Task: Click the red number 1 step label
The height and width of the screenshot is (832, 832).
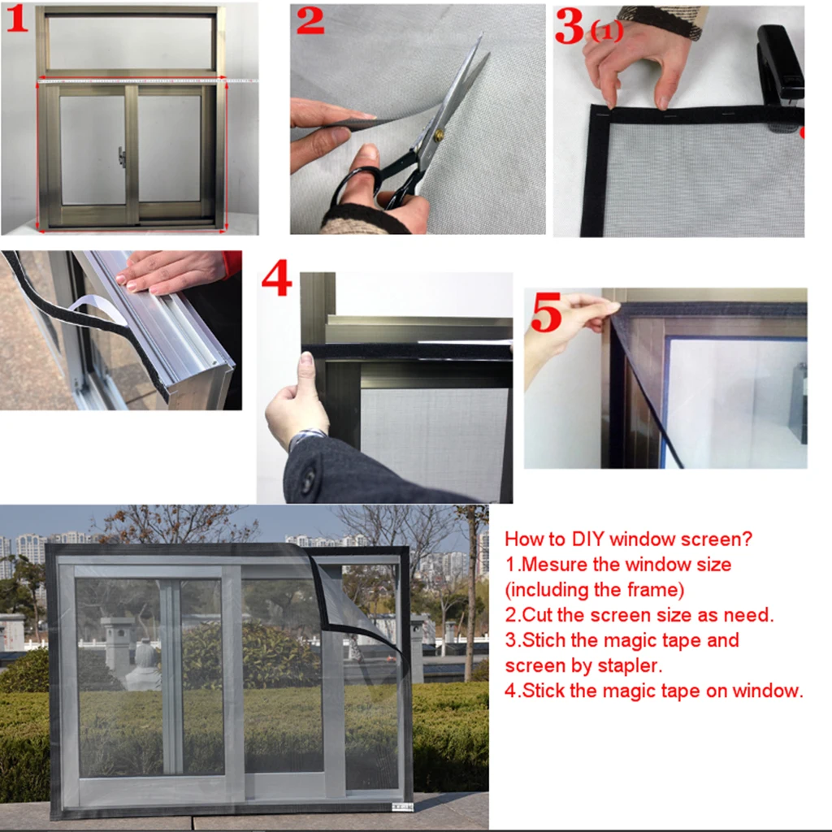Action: (x=17, y=19)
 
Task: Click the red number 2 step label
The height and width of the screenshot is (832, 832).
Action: (x=310, y=20)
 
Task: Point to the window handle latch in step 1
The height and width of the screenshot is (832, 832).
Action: (x=122, y=157)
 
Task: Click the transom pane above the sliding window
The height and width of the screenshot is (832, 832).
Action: (x=131, y=42)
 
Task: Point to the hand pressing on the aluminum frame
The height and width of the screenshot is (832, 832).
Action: (x=167, y=271)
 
